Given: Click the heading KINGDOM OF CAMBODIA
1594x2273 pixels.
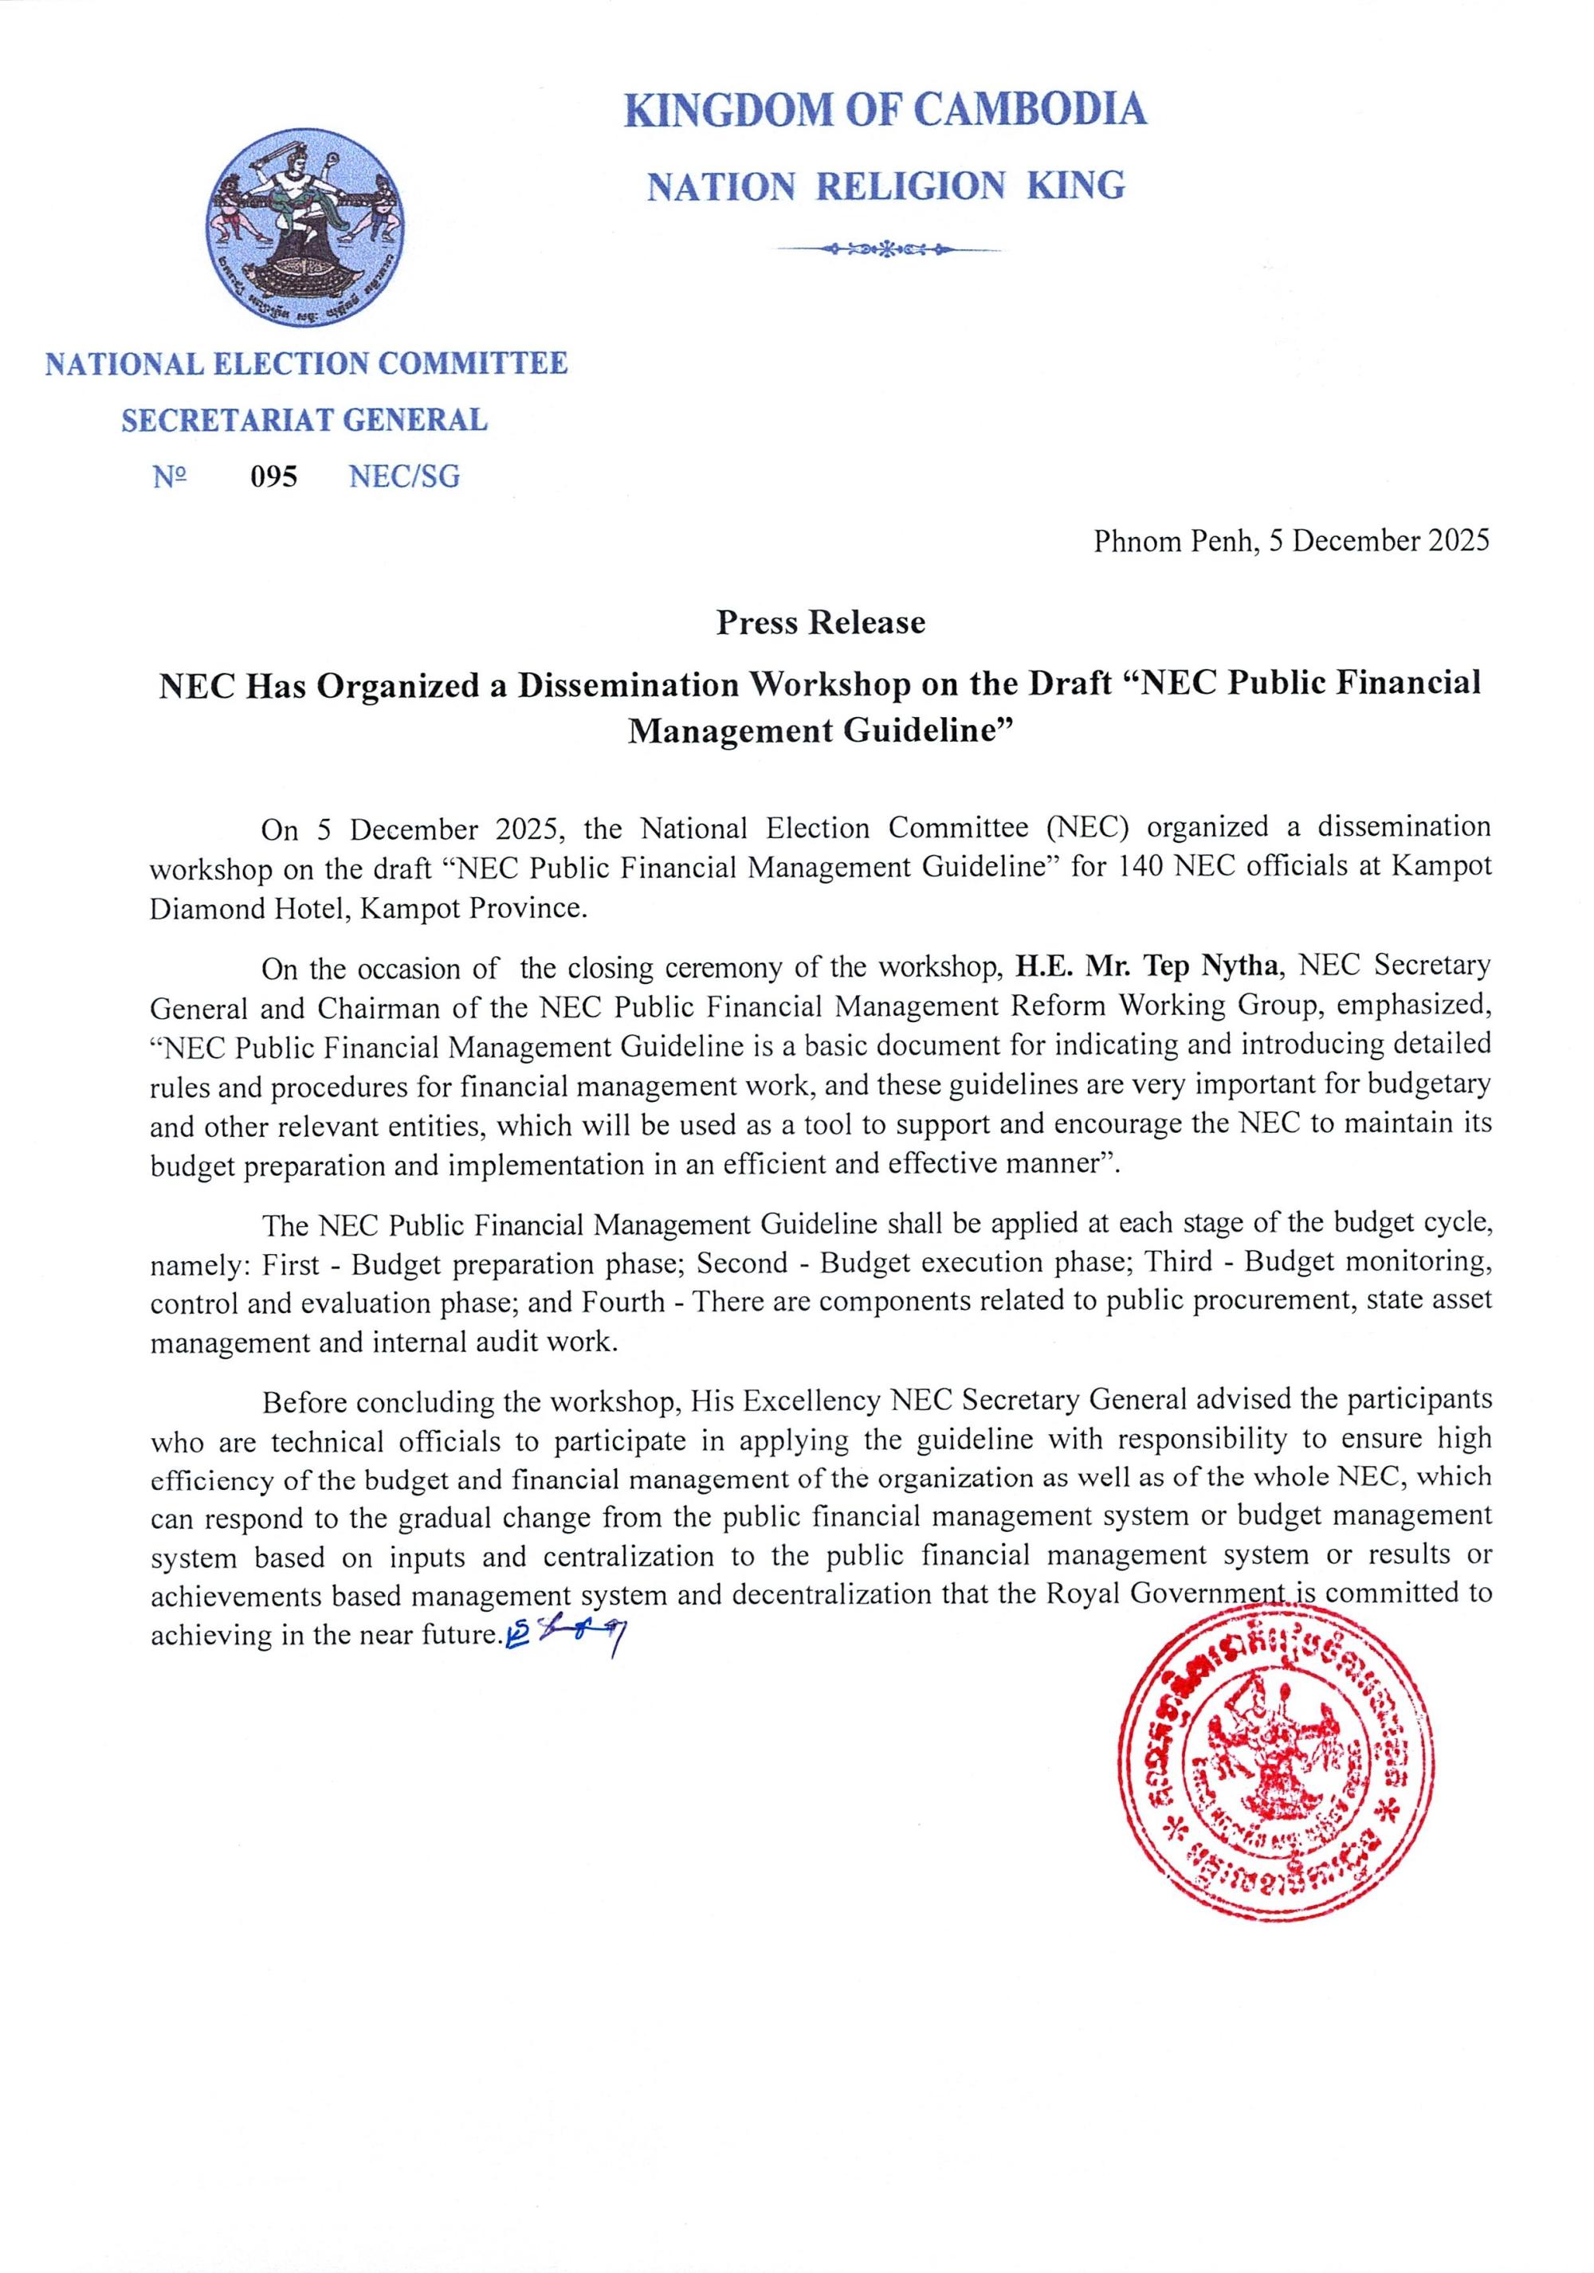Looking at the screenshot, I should [885, 109].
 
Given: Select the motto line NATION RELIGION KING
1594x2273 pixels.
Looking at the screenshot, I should [885, 186].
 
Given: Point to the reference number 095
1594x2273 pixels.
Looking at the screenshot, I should [273, 477].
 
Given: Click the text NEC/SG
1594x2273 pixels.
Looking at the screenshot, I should [404, 477].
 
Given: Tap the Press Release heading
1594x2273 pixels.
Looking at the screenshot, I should [821, 623].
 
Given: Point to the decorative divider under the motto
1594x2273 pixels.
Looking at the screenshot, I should [887, 249].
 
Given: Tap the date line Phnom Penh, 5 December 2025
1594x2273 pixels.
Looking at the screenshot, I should [1290, 542].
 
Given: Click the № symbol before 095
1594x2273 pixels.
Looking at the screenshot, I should [169, 477].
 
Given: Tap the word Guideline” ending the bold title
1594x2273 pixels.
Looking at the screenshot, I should [932, 731].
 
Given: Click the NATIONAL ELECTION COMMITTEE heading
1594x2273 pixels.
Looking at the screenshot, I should [306, 363].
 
